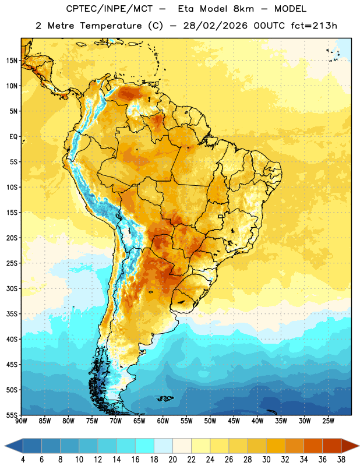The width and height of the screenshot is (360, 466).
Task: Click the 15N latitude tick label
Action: tap(12, 61)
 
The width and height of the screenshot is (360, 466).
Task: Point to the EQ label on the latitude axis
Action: tap(13, 137)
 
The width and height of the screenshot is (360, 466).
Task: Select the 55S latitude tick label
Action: tap(12, 415)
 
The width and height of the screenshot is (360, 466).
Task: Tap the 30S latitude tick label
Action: tap(12, 288)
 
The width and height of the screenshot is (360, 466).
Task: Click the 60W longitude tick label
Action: tap(163, 421)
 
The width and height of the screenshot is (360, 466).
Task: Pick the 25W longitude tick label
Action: tap(328, 421)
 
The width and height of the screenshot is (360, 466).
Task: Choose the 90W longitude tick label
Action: tap(22, 421)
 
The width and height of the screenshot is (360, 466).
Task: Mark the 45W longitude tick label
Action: tap(234, 421)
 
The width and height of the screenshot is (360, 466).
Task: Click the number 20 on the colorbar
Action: tap(172, 460)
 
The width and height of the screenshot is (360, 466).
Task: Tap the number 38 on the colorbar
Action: tap(341, 460)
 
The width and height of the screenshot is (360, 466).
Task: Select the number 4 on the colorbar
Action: tap(23, 460)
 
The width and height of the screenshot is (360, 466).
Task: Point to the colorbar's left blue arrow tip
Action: tap(5, 446)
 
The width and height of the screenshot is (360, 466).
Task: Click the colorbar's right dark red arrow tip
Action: tap(359, 446)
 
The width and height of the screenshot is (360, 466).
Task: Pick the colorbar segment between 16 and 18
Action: tap(145, 446)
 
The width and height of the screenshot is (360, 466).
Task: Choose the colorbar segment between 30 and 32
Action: tap(276, 446)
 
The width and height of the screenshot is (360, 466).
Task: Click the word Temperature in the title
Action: tap(111, 26)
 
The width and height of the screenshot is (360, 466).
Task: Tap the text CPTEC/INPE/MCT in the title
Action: tap(109, 9)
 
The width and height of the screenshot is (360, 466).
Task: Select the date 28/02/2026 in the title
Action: tap(215, 26)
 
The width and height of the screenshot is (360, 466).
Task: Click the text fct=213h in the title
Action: tap(314, 26)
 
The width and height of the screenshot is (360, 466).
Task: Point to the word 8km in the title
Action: tap(243, 9)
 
